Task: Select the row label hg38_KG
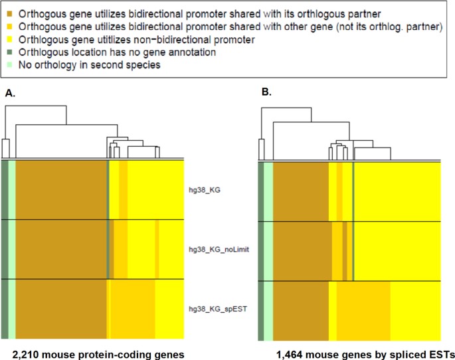[204, 189]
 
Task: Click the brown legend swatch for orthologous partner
[11, 14]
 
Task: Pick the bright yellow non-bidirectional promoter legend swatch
[11, 40]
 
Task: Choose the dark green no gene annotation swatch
[11, 52]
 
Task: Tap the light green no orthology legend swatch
[11, 66]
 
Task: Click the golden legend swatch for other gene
[11, 27]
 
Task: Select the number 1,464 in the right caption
[291, 348]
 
